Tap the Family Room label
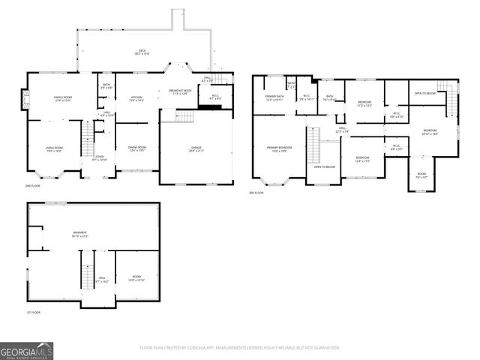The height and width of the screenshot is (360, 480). pos(61,99)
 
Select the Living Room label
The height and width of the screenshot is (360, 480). pos(54,149)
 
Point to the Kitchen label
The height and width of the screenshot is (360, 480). pos(136,99)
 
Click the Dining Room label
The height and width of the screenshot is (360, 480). pos(136,148)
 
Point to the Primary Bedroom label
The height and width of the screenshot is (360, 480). pos(279,148)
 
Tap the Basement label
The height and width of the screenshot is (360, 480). pos(79,234)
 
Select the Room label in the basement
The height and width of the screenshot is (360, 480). pos(135,277)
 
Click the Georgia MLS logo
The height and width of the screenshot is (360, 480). pos(26,351)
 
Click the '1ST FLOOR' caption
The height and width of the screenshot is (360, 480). pos(34,312)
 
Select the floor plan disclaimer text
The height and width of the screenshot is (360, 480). pos(240,348)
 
